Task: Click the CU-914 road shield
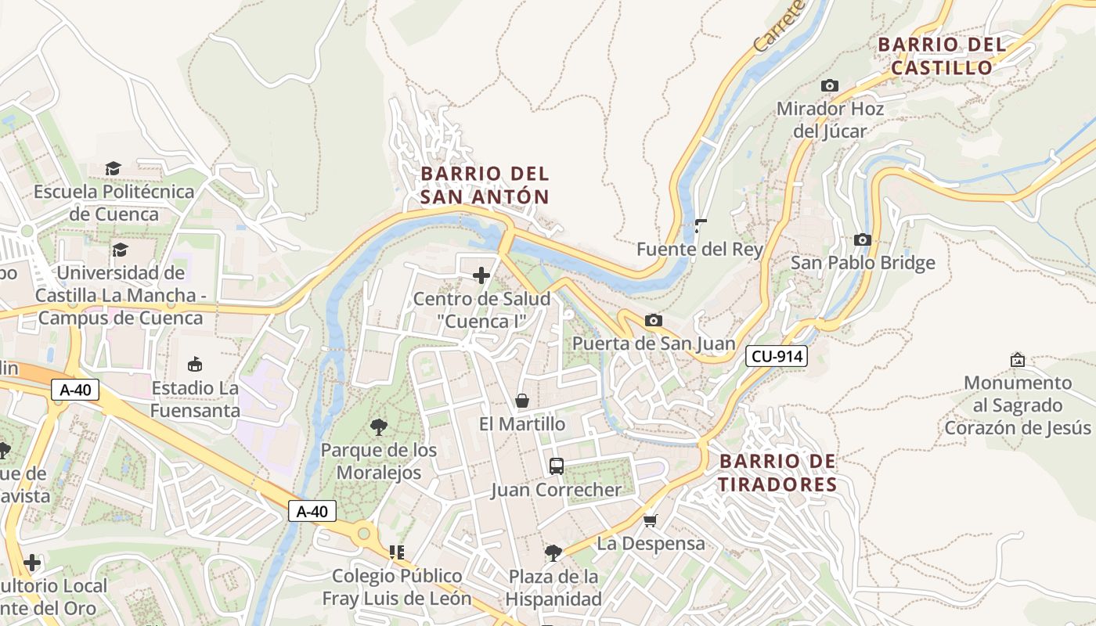(776, 357)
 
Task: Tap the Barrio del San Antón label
(485, 185)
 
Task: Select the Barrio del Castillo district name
(942, 56)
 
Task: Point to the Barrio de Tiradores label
(777, 473)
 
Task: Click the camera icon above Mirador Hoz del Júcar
(830, 85)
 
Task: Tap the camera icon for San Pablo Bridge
(863, 239)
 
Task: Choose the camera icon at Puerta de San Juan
(653, 320)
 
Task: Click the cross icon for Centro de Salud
(481, 275)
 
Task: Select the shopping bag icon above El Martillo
(521, 401)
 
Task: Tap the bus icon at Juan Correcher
(556, 466)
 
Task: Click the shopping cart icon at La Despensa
(651, 520)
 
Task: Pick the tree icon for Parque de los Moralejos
(379, 426)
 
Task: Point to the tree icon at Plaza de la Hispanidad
(553, 553)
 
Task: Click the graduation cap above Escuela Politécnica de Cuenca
(114, 168)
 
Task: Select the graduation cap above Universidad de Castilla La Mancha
(120, 250)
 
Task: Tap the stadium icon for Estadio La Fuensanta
(195, 364)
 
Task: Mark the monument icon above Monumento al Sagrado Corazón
(1017, 360)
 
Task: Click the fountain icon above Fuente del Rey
(700, 226)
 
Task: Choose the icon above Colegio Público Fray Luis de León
(397, 552)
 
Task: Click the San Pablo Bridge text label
(863, 262)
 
